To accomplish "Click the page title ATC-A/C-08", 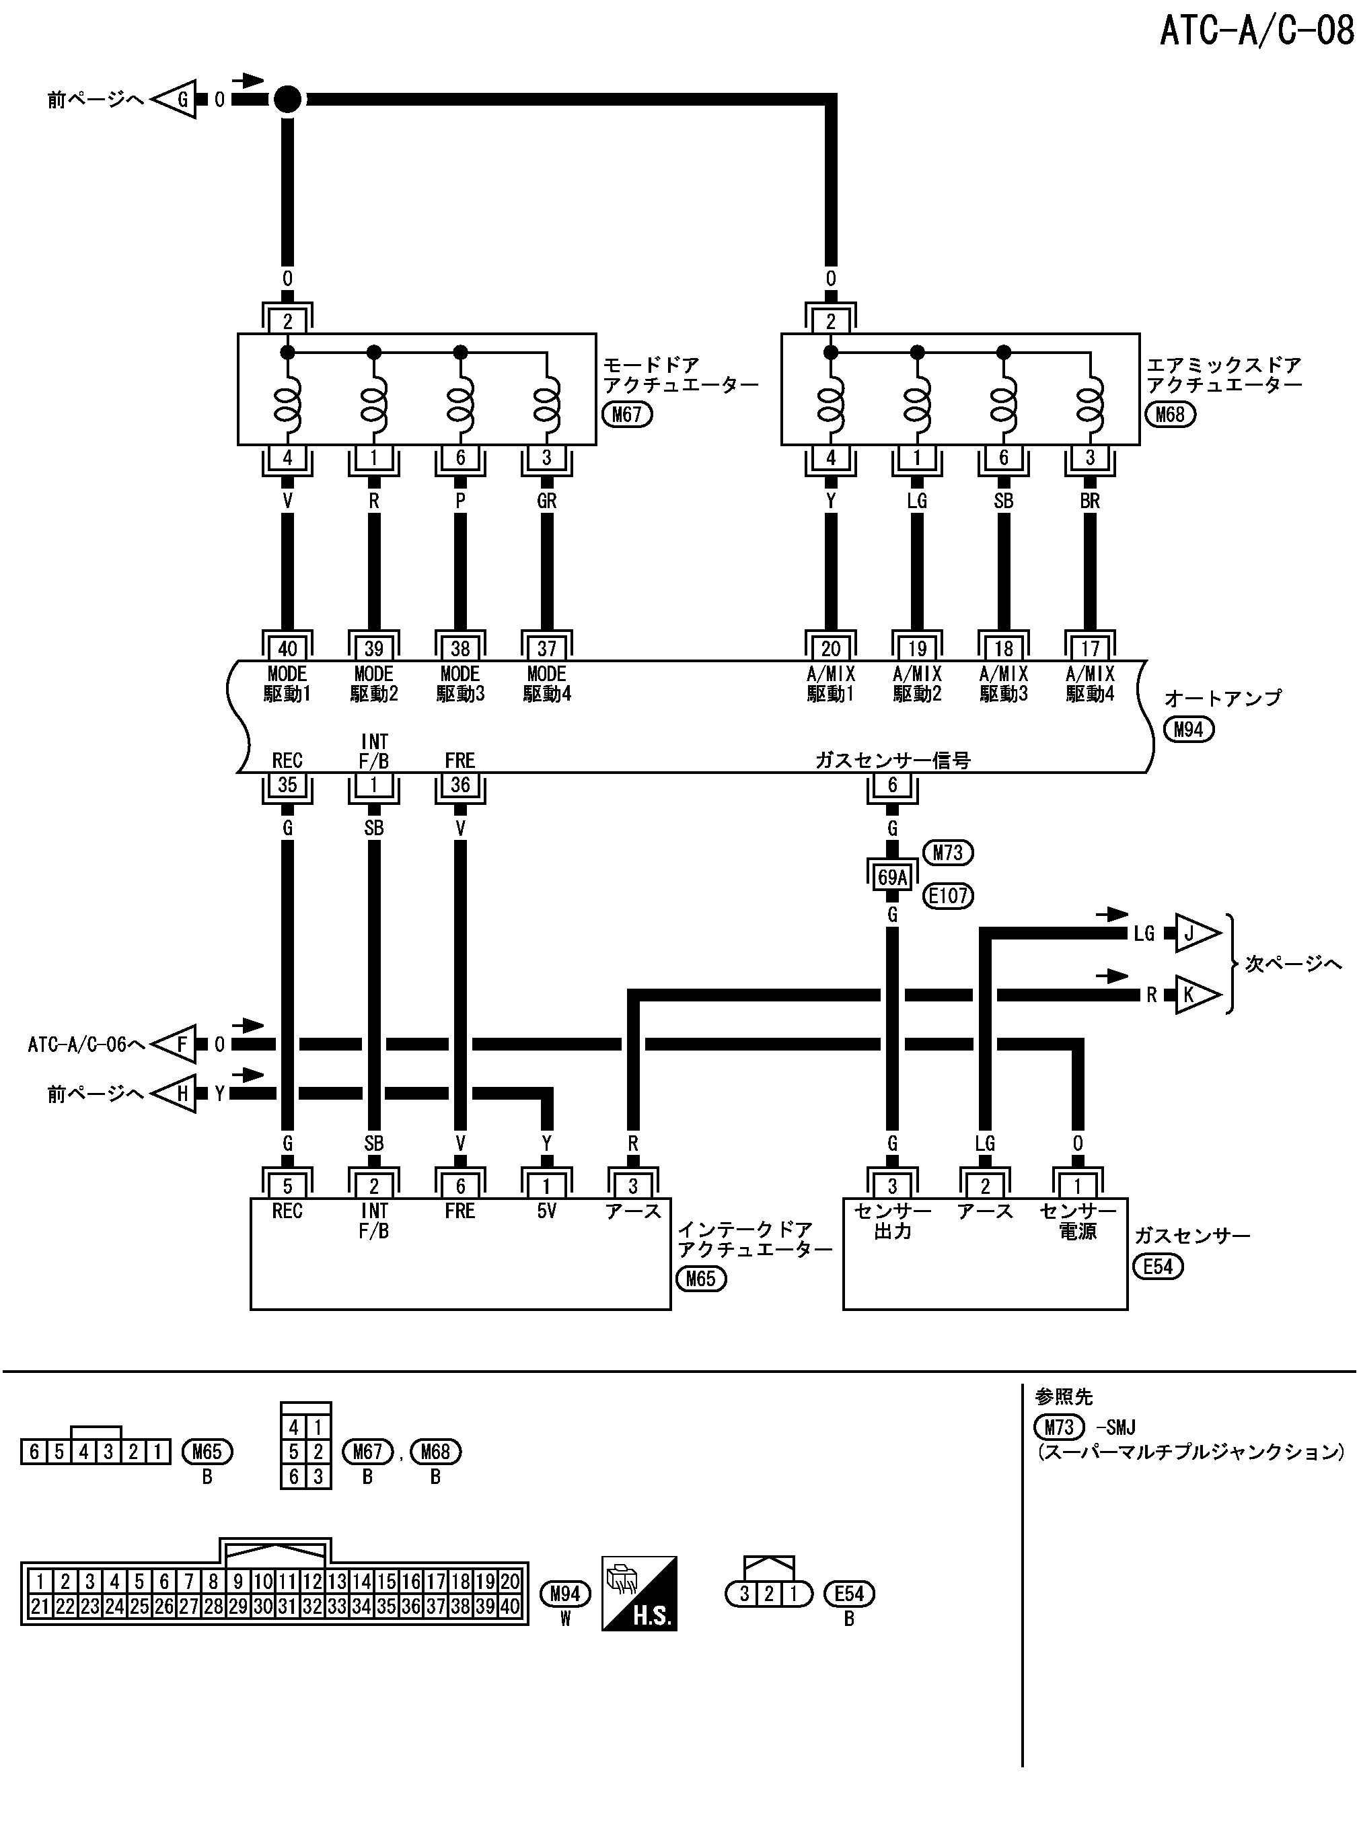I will click(1255, 31).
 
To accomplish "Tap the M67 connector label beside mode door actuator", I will click(627, 414).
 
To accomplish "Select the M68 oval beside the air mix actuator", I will click(1170, 414).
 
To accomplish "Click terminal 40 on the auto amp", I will click(287, 648).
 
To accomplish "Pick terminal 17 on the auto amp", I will click(1089, 648).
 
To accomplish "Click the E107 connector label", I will click(948, 895).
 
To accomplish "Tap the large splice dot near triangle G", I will click(287, 100).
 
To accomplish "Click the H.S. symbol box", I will click(639, 1594).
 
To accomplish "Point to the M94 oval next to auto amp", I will click(1188, 729).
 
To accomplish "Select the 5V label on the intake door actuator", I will click(546, 1211).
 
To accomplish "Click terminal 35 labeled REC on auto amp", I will click(287, 785).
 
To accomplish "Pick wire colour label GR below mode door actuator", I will click(546, 501).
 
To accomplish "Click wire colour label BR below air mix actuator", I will click(1089, 501).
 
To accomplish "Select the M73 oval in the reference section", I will click(1059, 1427).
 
